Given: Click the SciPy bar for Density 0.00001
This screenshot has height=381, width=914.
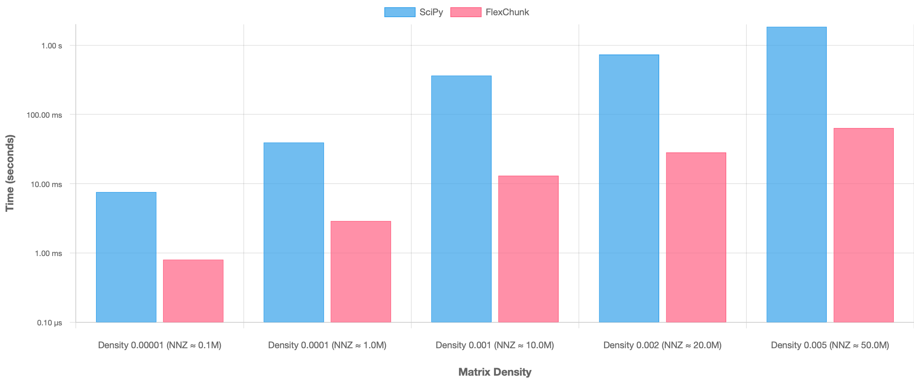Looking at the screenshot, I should coord(126,257).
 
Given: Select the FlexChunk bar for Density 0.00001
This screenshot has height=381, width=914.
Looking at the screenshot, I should coord(193,291).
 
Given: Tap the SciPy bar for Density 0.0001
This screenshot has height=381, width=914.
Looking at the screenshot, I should coord(294,232).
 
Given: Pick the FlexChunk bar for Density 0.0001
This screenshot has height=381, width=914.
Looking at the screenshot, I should coord(361,272).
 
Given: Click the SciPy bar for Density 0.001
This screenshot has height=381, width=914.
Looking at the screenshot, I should coord(461,199).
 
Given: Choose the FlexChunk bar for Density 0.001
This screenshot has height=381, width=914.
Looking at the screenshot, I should coord(528,249).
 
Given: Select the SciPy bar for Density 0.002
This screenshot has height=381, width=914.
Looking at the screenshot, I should coord(629,188).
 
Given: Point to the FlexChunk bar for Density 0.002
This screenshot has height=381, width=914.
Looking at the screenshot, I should coord(696,237).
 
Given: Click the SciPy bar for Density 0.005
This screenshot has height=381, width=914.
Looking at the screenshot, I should coord(796,174).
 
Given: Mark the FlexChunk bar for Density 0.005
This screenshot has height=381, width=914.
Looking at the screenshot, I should coord(863,225).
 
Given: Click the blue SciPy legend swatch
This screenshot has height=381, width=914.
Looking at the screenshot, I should coord(399,12).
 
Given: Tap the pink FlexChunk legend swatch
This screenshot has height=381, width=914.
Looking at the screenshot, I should coord(465,12).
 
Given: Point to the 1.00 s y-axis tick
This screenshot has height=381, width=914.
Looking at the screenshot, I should coord(52,46).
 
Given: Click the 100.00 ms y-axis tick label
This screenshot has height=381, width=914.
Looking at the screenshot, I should coord(44,115).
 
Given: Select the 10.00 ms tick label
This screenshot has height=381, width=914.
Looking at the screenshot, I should coord(46,184).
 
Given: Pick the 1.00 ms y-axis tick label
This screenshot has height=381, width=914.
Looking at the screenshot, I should coord(48,253).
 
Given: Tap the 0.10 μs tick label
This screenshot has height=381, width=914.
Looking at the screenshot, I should coord(50,323).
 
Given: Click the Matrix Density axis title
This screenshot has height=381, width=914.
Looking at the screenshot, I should coord(495,372).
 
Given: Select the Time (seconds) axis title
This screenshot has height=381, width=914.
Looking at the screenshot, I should coord(10,173).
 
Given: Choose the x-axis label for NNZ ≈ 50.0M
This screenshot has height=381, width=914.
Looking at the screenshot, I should coord(830,345).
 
